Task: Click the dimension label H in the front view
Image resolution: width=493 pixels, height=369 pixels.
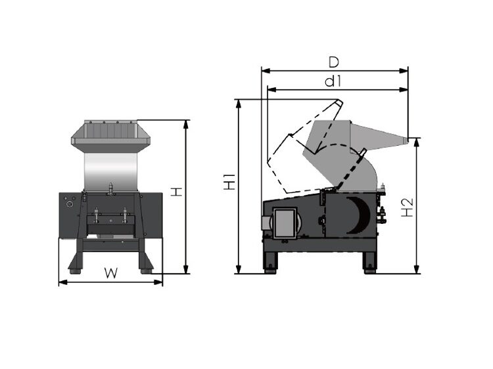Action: click(x=176, y=192)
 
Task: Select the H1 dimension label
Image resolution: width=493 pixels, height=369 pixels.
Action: click(x=228, y=182)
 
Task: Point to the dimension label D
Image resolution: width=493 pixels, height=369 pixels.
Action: click(x=333, y=62)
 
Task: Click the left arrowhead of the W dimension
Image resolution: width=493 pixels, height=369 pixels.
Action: click(x=61, y=282)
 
